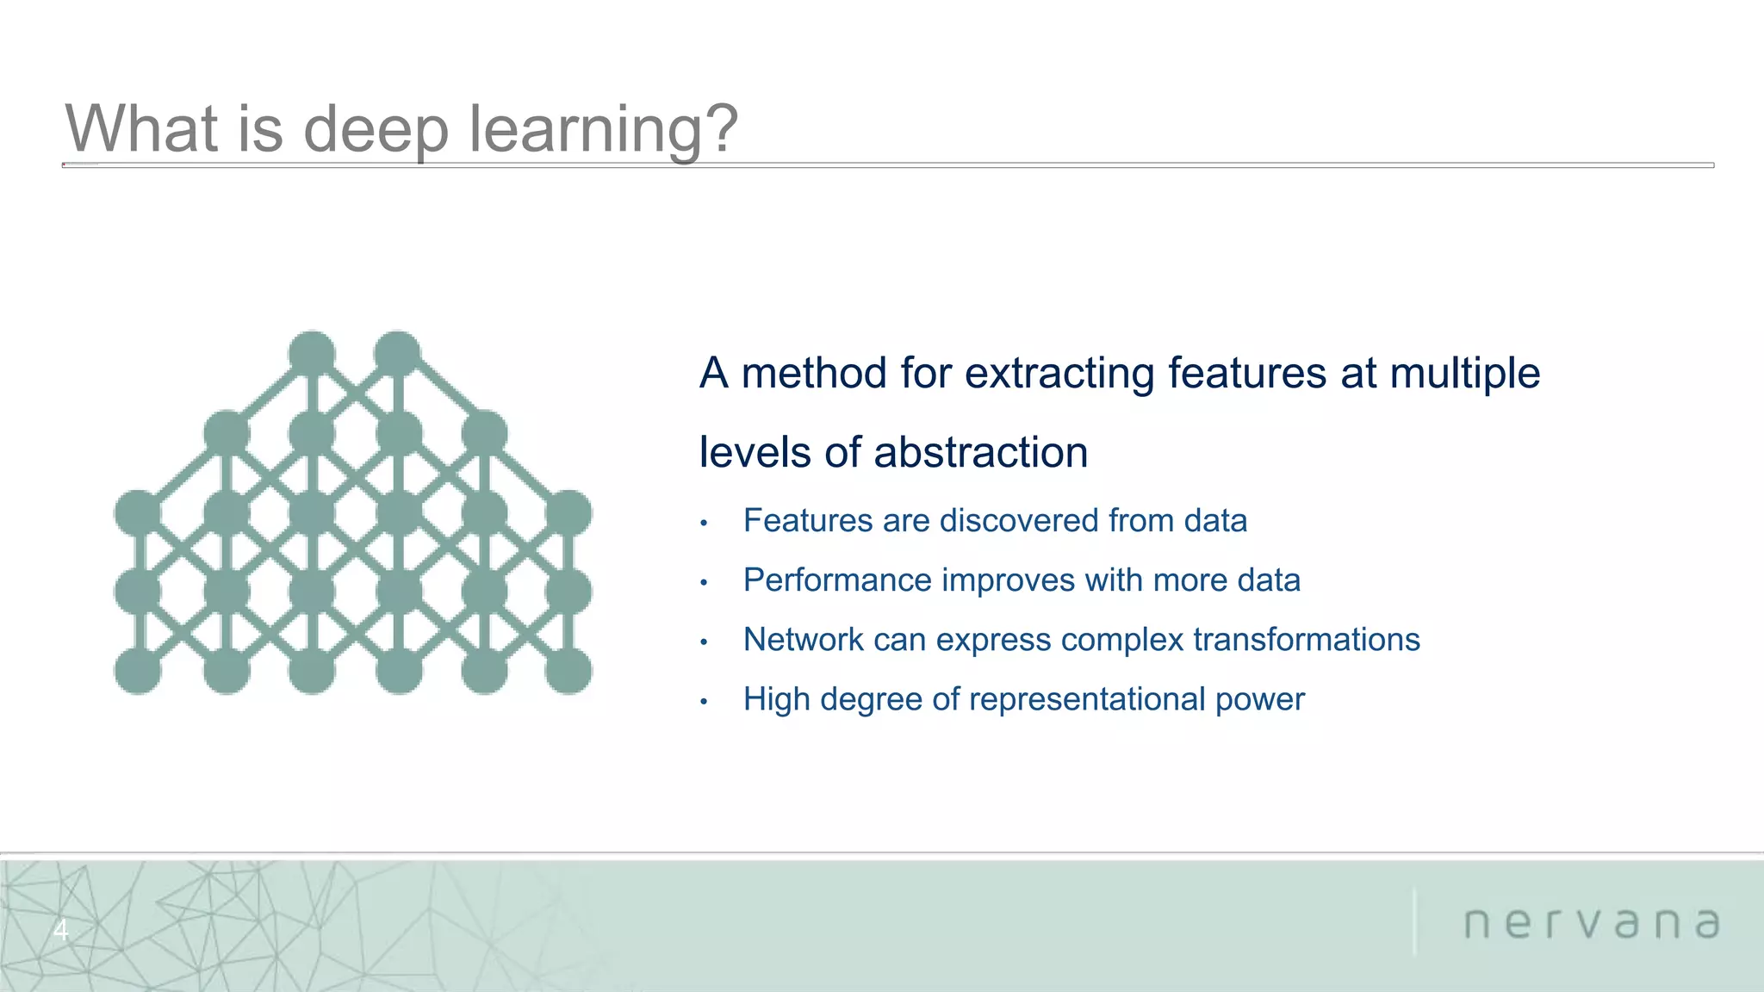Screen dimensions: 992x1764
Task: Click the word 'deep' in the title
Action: tap(376, 129)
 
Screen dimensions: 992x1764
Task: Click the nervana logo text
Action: tap(1592, 923)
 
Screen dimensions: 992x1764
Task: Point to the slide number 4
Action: tap(60, 930)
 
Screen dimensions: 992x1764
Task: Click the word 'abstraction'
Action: tap(981, 453)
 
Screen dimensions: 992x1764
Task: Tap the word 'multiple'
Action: tap(1465, 374)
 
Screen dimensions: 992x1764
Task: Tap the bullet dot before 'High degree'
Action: tap(704, 702)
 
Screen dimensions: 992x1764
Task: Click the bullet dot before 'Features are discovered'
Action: tap(704, 524)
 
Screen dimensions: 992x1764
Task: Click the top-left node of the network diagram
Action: tap(312, 353)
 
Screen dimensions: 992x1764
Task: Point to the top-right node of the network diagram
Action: tap(397, 353)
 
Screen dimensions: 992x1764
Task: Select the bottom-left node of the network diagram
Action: tap(138, 670)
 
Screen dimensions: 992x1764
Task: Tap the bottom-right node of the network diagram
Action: tap(568, 670)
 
